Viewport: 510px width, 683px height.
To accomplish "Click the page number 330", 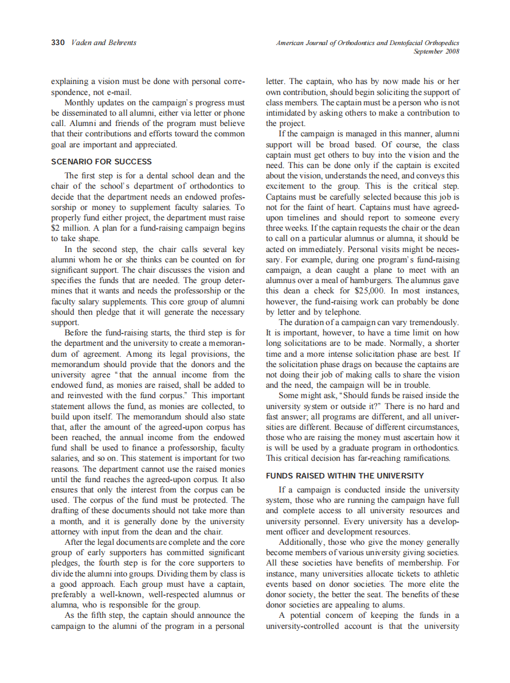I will (58, 43).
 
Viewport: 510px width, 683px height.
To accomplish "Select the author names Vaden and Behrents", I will (104, 43).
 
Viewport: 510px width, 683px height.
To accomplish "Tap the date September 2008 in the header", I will (436, 51).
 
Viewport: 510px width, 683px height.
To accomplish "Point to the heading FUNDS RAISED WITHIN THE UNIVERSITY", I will (345, 475).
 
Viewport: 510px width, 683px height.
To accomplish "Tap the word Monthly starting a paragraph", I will (80, 102).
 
